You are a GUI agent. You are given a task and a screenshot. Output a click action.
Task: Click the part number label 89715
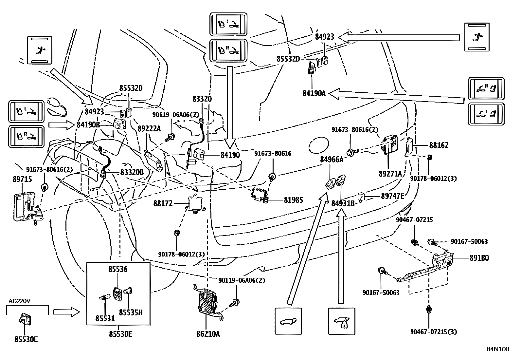click(22, 179)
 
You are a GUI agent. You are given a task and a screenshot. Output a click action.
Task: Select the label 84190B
click(88, 125)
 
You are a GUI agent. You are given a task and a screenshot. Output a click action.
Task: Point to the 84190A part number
click(314, 93)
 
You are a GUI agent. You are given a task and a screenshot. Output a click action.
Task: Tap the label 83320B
click(132, 172)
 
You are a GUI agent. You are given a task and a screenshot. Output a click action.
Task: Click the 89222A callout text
click(149, 128)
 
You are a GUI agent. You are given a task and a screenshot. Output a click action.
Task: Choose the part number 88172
click(163, 203)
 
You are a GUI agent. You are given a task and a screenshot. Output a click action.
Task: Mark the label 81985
click(293, 200)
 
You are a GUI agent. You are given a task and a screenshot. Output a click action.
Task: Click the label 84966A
click(332, 160)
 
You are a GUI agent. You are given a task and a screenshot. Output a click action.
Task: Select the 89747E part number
click(393, 196)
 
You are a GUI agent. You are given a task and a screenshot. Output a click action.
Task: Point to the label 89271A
click(390, 174)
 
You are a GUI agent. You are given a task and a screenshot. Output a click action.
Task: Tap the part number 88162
click(439, 145)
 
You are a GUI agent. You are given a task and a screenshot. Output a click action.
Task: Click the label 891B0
click(479, 258)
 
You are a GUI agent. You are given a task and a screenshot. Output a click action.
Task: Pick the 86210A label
click(208, 334)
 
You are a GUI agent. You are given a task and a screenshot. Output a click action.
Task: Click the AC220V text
click(19, 301)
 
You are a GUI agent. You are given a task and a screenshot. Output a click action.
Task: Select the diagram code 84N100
click(498, 349)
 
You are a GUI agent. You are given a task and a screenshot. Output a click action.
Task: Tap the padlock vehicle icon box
click(341, 321)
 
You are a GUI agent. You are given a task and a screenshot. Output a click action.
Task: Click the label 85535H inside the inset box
click(131, 313)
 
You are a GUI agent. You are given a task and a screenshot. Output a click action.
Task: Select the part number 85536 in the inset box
click(118, 269)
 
